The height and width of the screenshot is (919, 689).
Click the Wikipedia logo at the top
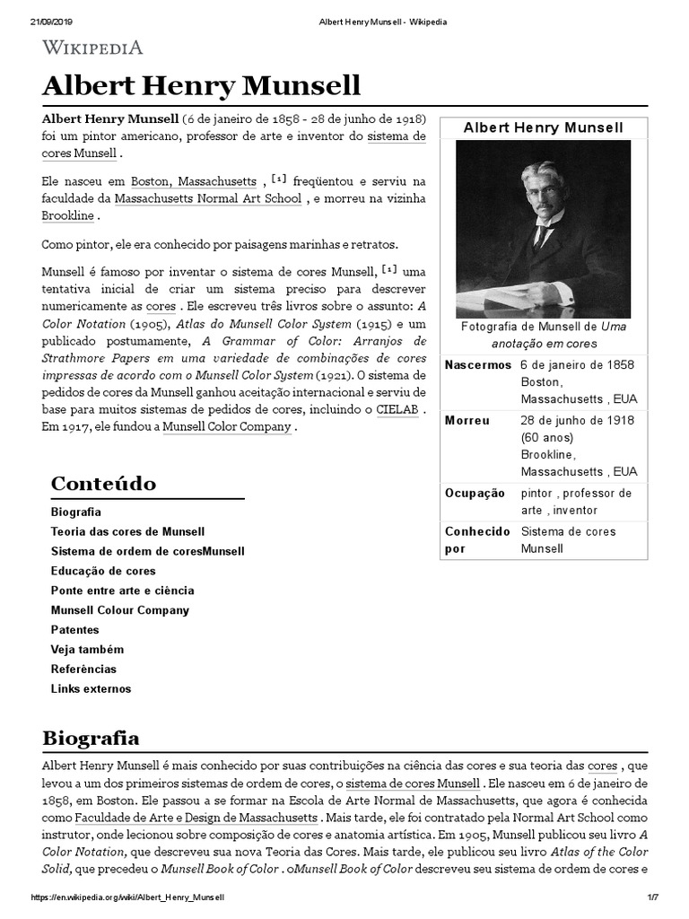click(92, 48)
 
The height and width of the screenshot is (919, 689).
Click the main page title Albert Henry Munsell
click(201, 86)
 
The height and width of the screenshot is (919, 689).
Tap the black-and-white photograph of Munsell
click(543, 227)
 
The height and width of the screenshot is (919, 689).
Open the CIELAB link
click(397, 409)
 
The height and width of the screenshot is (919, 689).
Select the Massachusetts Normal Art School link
click(208, 198)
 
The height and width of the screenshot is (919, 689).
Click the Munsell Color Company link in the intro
click(227, 427)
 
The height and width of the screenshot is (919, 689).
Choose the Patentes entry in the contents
click(75, 630)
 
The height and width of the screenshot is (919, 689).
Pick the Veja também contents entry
click(87, 650)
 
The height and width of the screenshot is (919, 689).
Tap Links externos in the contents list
click(91, 689)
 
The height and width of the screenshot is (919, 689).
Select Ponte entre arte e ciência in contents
click(122, 591)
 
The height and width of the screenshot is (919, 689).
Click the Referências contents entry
click(83, 670)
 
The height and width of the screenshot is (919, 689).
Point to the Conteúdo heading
click(103, 484)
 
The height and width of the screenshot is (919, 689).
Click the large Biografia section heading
click(91, 739)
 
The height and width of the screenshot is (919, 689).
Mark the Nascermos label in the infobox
click(478, 365)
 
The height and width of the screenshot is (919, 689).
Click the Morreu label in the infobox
click(467, 421)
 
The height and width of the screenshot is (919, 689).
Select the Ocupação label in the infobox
click(475, 494)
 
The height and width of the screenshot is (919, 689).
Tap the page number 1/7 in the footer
click(652, 897)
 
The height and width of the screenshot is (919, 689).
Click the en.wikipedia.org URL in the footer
click(127, 897)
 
